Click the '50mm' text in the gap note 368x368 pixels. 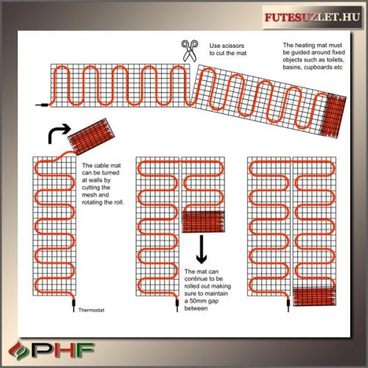point(202,302)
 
